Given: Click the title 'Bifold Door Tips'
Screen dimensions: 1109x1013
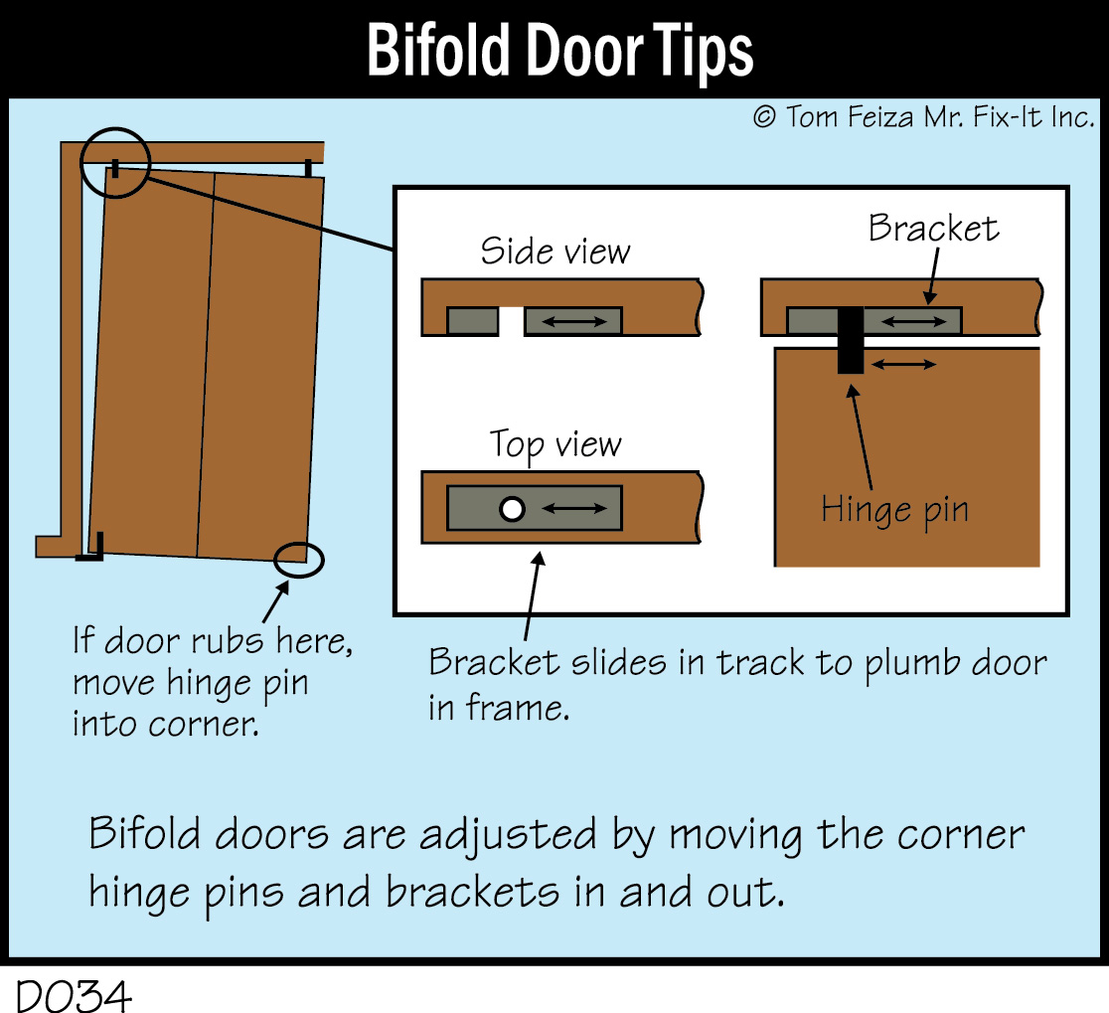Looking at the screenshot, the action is [x=560, y=50].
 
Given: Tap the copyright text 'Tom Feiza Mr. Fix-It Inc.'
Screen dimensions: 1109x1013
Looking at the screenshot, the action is [x=940, y=116].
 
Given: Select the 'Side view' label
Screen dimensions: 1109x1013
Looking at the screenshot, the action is [x=555, y=252].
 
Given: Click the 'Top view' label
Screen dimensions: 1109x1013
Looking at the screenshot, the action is [x=555, y=445].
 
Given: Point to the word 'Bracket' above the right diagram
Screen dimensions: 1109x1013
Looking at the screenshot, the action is [x=933, y=228].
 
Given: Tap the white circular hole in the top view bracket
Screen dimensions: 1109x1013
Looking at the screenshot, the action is [x=512, y=509].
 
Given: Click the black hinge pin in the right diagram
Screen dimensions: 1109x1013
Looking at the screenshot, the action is [x=851, y=340].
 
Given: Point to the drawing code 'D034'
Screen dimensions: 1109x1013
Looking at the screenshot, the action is [x=74, y=997].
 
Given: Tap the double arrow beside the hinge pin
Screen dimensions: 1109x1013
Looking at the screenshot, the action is [x=904, y=364].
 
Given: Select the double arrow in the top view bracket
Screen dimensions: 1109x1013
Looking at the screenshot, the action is [x=574, y=508].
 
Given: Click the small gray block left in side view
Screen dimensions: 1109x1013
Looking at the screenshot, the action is [x=473, y=321].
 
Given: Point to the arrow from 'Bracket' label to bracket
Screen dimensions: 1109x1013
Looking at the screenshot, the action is [x=933, y=276].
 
